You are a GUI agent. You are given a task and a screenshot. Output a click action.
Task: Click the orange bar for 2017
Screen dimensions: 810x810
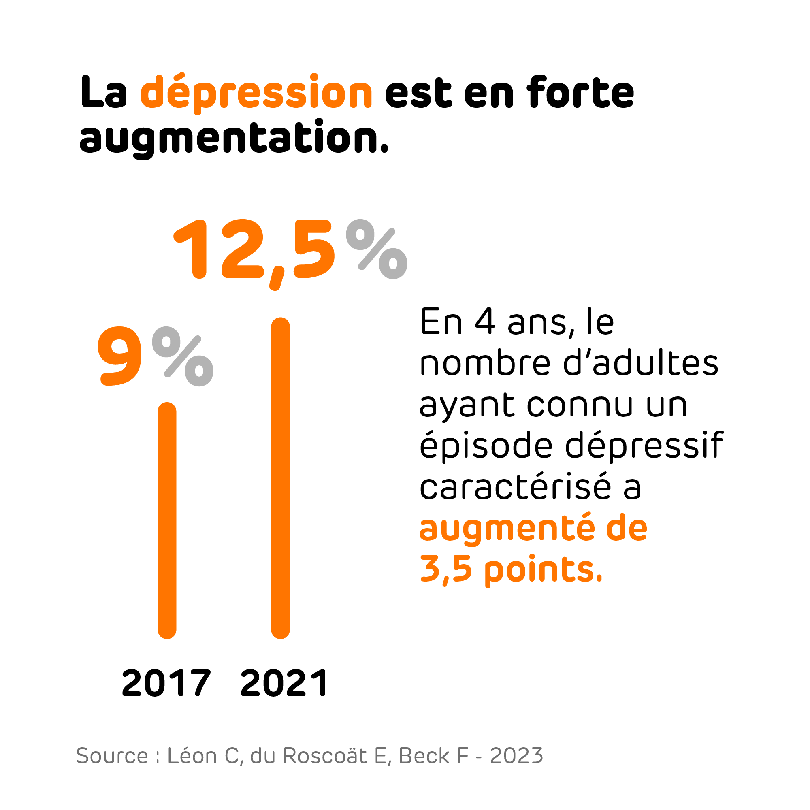[167, 520]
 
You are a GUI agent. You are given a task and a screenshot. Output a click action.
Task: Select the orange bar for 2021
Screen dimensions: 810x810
[281, 478]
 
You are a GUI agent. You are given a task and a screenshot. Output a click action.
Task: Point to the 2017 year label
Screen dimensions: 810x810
[166, 683]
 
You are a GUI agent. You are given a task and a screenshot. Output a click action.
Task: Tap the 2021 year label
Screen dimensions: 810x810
[285, 683]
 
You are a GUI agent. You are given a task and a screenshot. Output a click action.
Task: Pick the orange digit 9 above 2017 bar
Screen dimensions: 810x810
[120, 356]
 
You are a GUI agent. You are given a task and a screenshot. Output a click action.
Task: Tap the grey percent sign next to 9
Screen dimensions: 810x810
[183, 356]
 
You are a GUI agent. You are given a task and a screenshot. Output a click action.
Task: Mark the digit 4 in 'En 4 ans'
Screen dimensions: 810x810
[485, 322]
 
